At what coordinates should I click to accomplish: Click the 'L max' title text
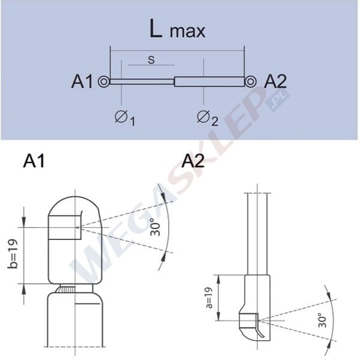click(177, 30)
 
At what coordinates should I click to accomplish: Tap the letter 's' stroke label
click(151, 60)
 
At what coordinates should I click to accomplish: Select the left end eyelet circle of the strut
click(105, 82)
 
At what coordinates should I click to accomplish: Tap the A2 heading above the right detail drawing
click(193, 161)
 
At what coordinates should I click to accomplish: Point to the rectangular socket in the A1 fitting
click(64, 227)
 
